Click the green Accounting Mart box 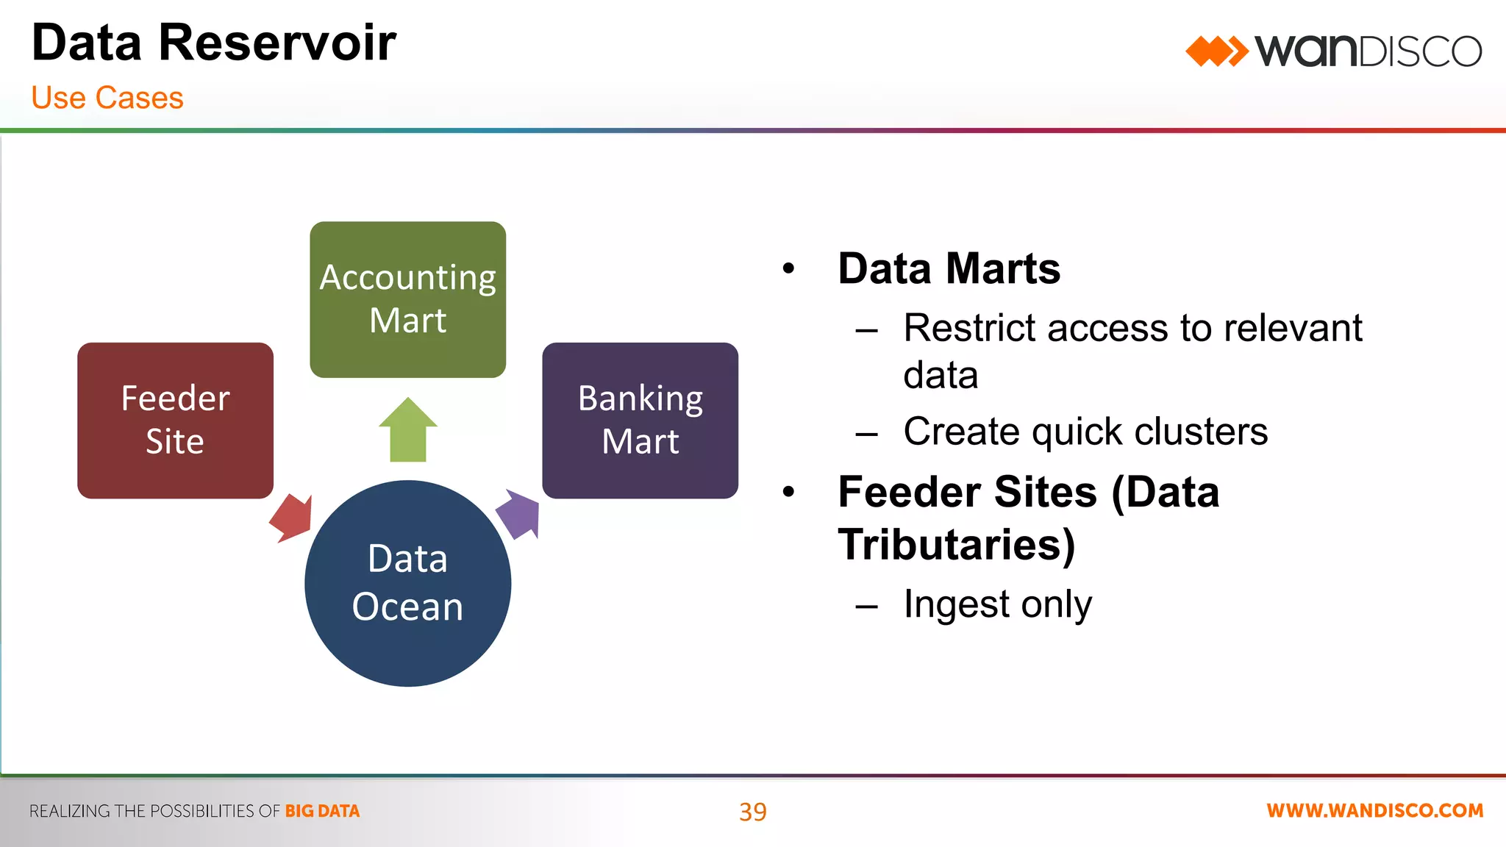point(407,299)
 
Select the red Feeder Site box point(175,420)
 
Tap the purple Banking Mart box point(640,420)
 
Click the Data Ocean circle point(407,583)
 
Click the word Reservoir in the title point(276,43)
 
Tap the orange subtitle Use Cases point(107,98)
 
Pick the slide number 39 point(752,812)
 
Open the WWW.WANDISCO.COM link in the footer point(1374,810)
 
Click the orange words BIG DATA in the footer point(322,811)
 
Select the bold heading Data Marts point(949,268)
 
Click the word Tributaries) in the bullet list point(956,545)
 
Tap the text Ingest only point(997,604)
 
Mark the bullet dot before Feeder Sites point(789,491)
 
